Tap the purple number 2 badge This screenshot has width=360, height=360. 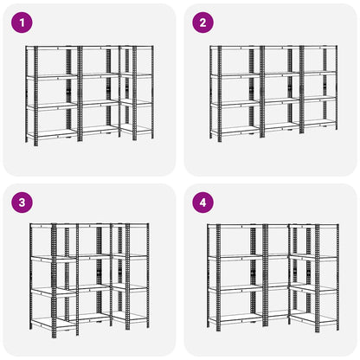(x=203, y=22)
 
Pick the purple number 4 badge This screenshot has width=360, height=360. (x=203, y=202)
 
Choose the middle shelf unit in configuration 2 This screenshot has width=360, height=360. (x=281, y=92)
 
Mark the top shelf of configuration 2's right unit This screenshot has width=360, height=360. (x=318, y=48)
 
